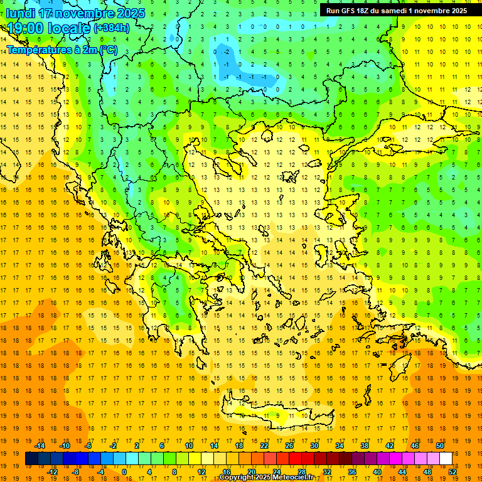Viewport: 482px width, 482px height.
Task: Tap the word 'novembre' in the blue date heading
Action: (x=86, y=13)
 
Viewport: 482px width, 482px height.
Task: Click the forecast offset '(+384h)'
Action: (x=112, y=28)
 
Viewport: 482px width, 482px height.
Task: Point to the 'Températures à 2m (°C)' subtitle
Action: (x=62, y=49)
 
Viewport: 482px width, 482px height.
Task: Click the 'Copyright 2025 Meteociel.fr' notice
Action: (x=266, y=478)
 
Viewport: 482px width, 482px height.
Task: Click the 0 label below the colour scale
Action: (x=124, y=471)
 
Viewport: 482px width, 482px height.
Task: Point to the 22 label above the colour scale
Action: (x=264, y=446)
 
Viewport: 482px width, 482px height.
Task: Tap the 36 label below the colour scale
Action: (x=352, y=471)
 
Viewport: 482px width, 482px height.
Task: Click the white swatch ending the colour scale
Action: (x=446, y=458)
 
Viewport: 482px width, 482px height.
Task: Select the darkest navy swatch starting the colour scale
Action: (x=31, y=458)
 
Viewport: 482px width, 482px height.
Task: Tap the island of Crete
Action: (x=276, y=415)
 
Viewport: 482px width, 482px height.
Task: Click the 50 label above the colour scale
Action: (x=439, y=446)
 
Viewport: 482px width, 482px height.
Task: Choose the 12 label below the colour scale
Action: (x=201, y=471)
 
